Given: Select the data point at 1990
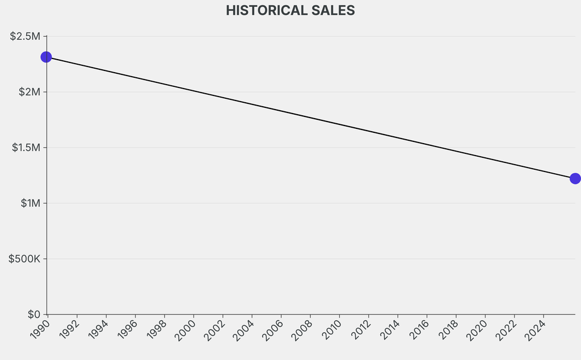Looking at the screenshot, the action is (46, 57).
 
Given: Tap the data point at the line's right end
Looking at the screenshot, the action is (575, 179).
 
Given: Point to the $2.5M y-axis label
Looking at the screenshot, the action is (25, 36).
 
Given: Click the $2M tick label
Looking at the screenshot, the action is (30, 92).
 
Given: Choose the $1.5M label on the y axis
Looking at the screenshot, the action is (26, 148).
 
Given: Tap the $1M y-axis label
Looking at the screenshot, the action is (31, 203).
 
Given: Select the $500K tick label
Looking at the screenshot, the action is (24, 259).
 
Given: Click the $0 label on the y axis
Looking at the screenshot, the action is (33, 315).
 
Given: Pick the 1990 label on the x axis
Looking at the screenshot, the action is (40, 329).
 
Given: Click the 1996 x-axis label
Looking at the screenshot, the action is (127, 329).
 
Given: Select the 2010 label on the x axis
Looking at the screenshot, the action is (331, 329).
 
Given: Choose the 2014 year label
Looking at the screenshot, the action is (389, 329).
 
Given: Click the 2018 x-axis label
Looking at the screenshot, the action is (448, 329).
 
